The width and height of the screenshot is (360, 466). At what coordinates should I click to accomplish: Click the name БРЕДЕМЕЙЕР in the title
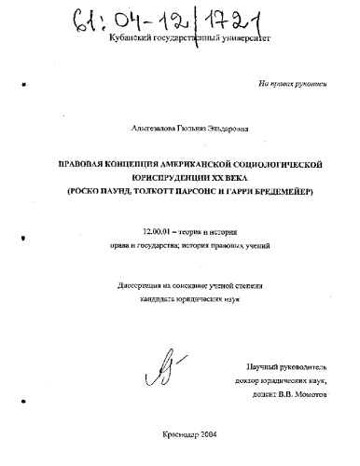[x=272, y=189]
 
